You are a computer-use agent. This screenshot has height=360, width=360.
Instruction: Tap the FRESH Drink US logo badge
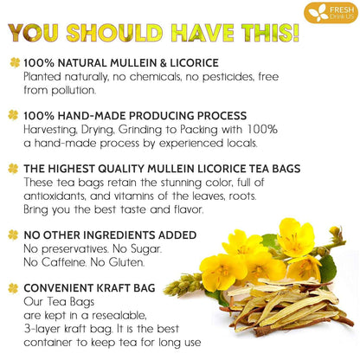[330, 12]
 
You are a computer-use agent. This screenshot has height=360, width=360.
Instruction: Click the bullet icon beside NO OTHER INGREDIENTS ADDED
[13, 235]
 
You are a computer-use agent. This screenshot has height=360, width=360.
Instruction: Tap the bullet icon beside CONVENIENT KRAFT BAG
[13, 289]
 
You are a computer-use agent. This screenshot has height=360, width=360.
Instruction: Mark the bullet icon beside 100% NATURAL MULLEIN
[13, 63]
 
